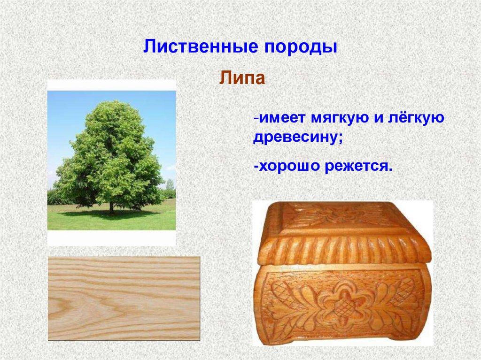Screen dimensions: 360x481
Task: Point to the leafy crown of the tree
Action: point(110,150)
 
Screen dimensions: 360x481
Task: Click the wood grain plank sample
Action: point(124,298)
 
